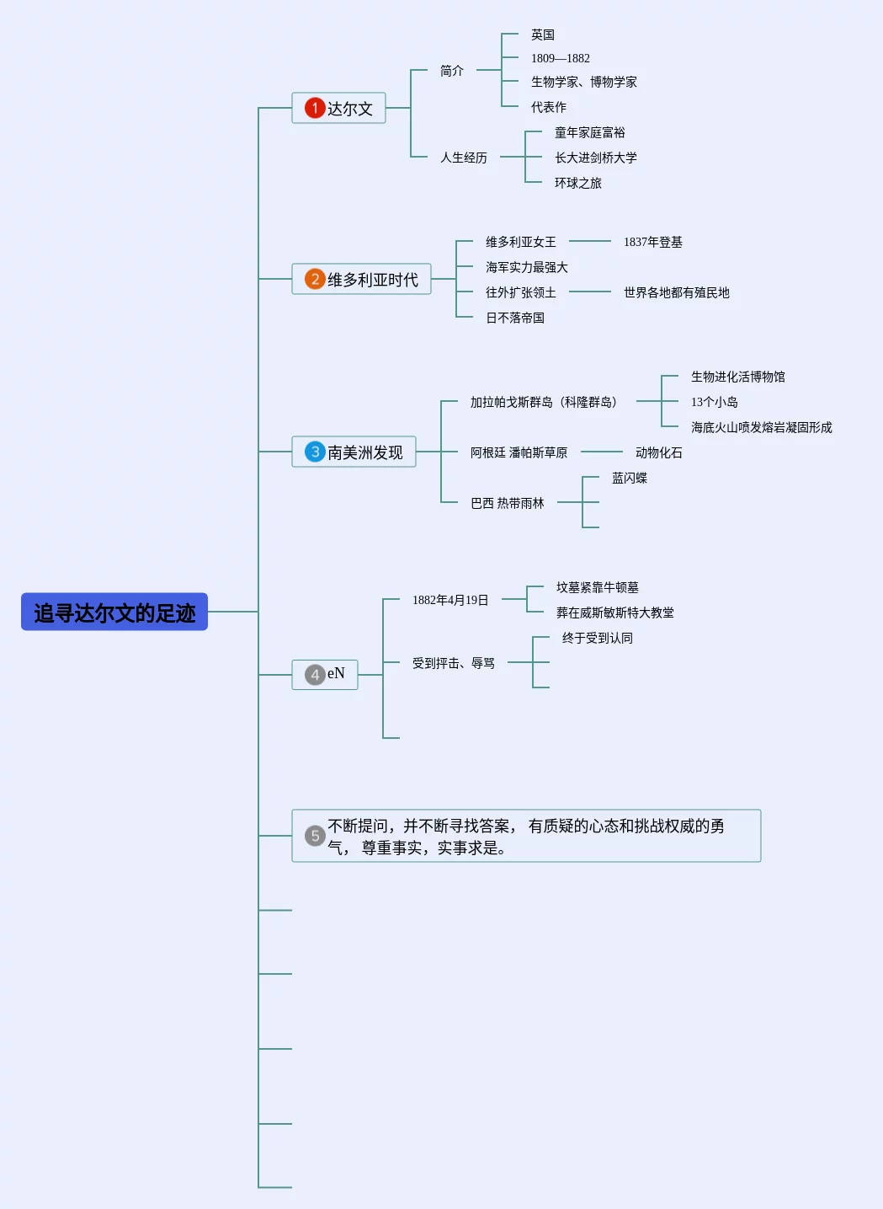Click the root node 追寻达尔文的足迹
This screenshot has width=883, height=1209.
click(114, 613)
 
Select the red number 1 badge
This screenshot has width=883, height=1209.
click(315, 108)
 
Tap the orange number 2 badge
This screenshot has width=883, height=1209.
click(315, 279)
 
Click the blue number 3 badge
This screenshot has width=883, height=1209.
click(315, 452)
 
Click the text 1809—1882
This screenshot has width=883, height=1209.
click(560, 58)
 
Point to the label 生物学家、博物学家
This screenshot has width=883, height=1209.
click(583, 82)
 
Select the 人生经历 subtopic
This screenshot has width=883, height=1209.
click(463, 158)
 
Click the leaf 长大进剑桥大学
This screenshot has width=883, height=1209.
click(595, 158)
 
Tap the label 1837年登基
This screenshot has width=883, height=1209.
click(652, 242)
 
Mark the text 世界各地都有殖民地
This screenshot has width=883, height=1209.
click(676, 292)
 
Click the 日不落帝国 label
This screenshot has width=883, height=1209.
click(514, 318)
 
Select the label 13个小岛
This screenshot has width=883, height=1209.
click(714, 402)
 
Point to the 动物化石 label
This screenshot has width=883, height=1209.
click(658, 452)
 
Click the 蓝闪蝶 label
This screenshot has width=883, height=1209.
click(629, 478)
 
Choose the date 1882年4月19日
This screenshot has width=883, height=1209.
click(449, 600)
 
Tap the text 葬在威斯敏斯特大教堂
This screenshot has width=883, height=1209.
click(614, 613)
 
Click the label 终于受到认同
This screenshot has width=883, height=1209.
click(597, 638)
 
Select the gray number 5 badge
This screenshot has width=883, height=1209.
click(315, 836)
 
